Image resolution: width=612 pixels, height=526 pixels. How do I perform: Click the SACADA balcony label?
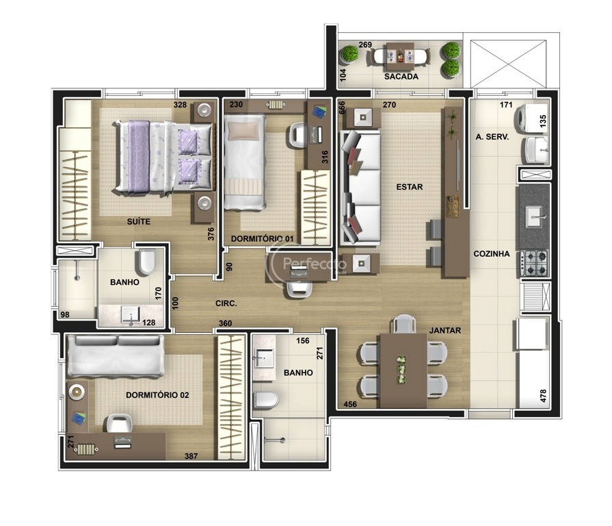point(401,77)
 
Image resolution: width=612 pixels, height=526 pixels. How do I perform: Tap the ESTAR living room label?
point(410,187)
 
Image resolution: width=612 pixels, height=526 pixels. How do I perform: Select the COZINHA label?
point(492,253)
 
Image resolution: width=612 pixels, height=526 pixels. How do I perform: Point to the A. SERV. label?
point(492,137)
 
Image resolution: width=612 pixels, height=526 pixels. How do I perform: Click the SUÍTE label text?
point(139,221)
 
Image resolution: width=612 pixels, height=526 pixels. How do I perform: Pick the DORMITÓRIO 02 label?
point(157,395)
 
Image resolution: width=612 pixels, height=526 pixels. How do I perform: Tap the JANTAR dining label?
point(445,331)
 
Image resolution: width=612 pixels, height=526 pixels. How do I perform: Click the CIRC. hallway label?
point(226,303)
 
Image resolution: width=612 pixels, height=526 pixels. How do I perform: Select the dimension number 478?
point(543,396)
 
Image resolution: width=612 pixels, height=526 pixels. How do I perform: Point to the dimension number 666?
point(343,108)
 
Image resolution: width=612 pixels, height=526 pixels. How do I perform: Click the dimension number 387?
point(191,455)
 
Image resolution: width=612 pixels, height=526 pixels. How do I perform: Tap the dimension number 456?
point(350,404)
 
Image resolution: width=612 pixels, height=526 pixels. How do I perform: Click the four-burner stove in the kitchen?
point(534,263)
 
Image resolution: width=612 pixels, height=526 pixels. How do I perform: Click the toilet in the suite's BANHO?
point(147,261)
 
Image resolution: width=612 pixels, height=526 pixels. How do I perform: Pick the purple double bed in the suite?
point(164,156)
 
